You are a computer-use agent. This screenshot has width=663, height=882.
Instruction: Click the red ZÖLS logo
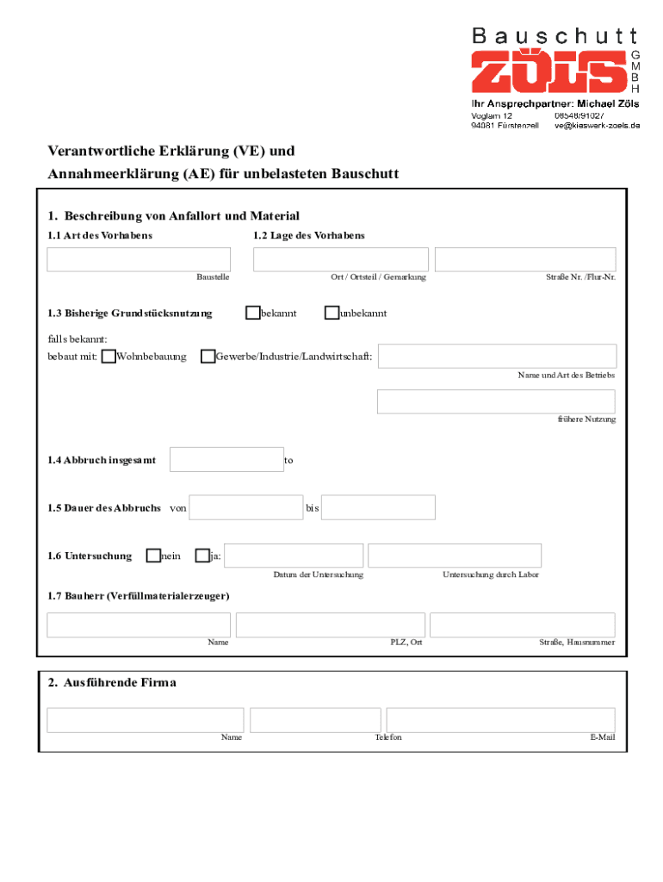[x=548, y=71]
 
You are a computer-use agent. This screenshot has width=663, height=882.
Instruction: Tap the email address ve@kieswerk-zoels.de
[x=598, y=126]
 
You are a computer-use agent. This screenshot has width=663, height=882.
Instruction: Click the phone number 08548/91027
[x=579, y=115]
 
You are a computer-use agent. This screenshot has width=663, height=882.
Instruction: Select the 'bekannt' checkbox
[x=252, y=313]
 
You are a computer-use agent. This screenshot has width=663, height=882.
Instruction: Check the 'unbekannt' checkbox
[x=331, y=313]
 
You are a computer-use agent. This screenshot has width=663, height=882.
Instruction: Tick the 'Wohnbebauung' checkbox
[x=108, y=357]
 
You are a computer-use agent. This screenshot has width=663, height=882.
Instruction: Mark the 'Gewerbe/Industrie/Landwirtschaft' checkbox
[x=208, y=357]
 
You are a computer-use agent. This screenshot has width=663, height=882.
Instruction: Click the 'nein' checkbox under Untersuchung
[x=153, y=556]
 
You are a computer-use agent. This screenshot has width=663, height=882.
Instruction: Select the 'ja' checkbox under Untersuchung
[x=202, y=556]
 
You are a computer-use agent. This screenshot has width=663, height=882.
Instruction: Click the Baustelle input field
[x=139, y=259]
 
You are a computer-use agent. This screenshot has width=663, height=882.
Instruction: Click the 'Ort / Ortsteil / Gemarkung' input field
[x=340, y=259]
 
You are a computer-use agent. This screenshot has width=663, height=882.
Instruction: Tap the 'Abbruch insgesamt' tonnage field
[x=226, y=460]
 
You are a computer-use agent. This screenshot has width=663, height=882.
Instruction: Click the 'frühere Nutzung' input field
[x=496, y=401]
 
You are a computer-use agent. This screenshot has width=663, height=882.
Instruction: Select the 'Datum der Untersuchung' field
[x=294, y=556]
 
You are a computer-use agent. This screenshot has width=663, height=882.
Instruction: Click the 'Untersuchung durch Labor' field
[x=455, y=556]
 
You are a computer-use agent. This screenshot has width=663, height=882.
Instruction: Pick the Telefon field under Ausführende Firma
[x=315, y=720]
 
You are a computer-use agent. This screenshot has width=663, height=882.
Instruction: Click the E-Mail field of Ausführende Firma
[x=500, y=720]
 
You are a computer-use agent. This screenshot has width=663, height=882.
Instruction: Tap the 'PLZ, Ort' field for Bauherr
[x=330, y=625]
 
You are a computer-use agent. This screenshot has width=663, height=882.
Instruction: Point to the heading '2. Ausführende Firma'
[x=112, y=683]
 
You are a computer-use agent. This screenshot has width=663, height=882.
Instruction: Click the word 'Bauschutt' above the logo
[x=555, y=35]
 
